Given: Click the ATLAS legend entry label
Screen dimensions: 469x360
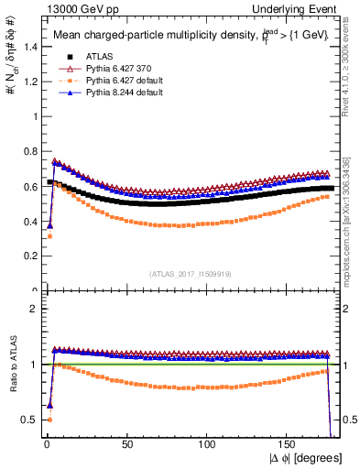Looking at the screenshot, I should click(95, 56).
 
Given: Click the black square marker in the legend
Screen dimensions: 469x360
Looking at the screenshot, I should click(64, 56).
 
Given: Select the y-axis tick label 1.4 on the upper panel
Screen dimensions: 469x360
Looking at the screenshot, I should click(29, 47).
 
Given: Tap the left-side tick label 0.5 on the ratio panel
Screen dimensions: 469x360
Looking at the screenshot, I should click(29, 420).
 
